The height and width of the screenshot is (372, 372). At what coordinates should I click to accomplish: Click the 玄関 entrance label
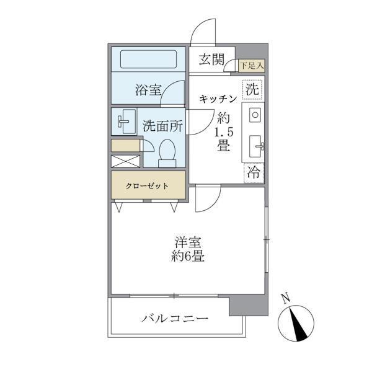(211, 60)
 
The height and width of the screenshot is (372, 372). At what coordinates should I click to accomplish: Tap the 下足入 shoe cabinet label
(252, 64)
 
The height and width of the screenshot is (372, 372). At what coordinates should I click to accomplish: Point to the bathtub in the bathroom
(149, 60)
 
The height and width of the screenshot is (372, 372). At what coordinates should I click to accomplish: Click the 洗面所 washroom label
(162, 125)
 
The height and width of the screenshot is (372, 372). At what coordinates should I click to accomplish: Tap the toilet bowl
(167, 151)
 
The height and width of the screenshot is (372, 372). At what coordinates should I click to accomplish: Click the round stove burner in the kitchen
(255, 115)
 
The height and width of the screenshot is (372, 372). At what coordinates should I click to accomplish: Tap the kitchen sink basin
(255, 146)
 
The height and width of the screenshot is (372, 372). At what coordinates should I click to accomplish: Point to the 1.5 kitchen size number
(223, 132)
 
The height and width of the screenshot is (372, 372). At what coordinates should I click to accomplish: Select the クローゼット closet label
(148, 185)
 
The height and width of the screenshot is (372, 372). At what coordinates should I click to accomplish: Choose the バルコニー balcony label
(174, 319)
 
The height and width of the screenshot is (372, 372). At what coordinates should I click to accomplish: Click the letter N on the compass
(285, 298)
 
